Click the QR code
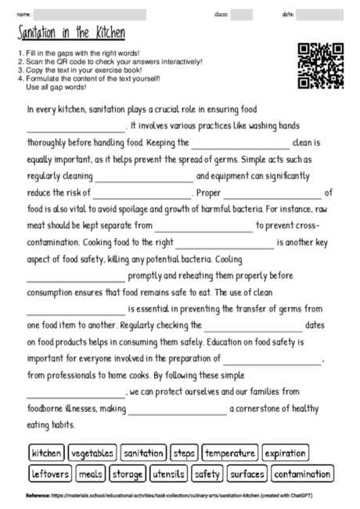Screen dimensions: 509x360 click(321, 66)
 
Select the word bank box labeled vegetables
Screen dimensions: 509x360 click(92, 453)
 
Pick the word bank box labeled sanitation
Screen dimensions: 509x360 click(143, 453)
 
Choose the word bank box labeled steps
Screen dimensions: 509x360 click(184, 453)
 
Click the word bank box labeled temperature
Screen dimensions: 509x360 click(230, 453)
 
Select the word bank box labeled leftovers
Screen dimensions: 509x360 click(51, 474)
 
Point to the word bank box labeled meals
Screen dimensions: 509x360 click(92, 474)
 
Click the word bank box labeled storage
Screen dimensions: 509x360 click(128, 474)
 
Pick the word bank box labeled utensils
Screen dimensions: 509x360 click(169, 474)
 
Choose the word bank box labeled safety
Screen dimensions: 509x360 click(207, 474)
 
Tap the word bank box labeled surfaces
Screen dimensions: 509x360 click(247, 474)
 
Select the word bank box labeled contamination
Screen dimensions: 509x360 click(303, 474)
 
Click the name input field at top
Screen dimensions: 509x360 click(90, 14)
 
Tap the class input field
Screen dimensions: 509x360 click(241, 14)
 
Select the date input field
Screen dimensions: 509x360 click(319, 14)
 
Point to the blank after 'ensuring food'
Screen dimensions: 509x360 click(76, 126)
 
